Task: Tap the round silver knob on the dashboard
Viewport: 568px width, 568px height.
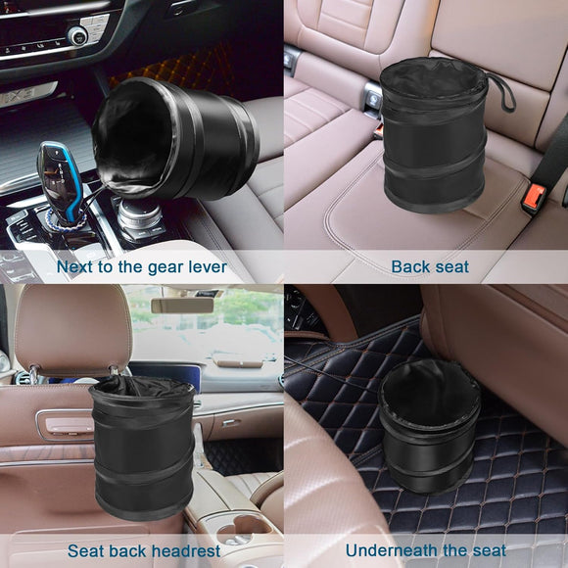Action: click(76, 36)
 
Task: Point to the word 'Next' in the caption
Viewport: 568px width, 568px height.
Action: click(76, 266)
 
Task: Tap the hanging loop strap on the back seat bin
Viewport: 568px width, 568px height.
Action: click(502, 90)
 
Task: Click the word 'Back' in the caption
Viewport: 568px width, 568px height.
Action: click(410, 266)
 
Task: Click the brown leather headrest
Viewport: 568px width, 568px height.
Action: click(74, 329)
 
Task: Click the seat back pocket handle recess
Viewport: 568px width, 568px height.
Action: click(65, 424)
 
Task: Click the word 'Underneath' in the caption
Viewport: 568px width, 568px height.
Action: click(389, 551)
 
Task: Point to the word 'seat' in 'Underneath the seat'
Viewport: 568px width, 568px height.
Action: click(487, 551)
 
